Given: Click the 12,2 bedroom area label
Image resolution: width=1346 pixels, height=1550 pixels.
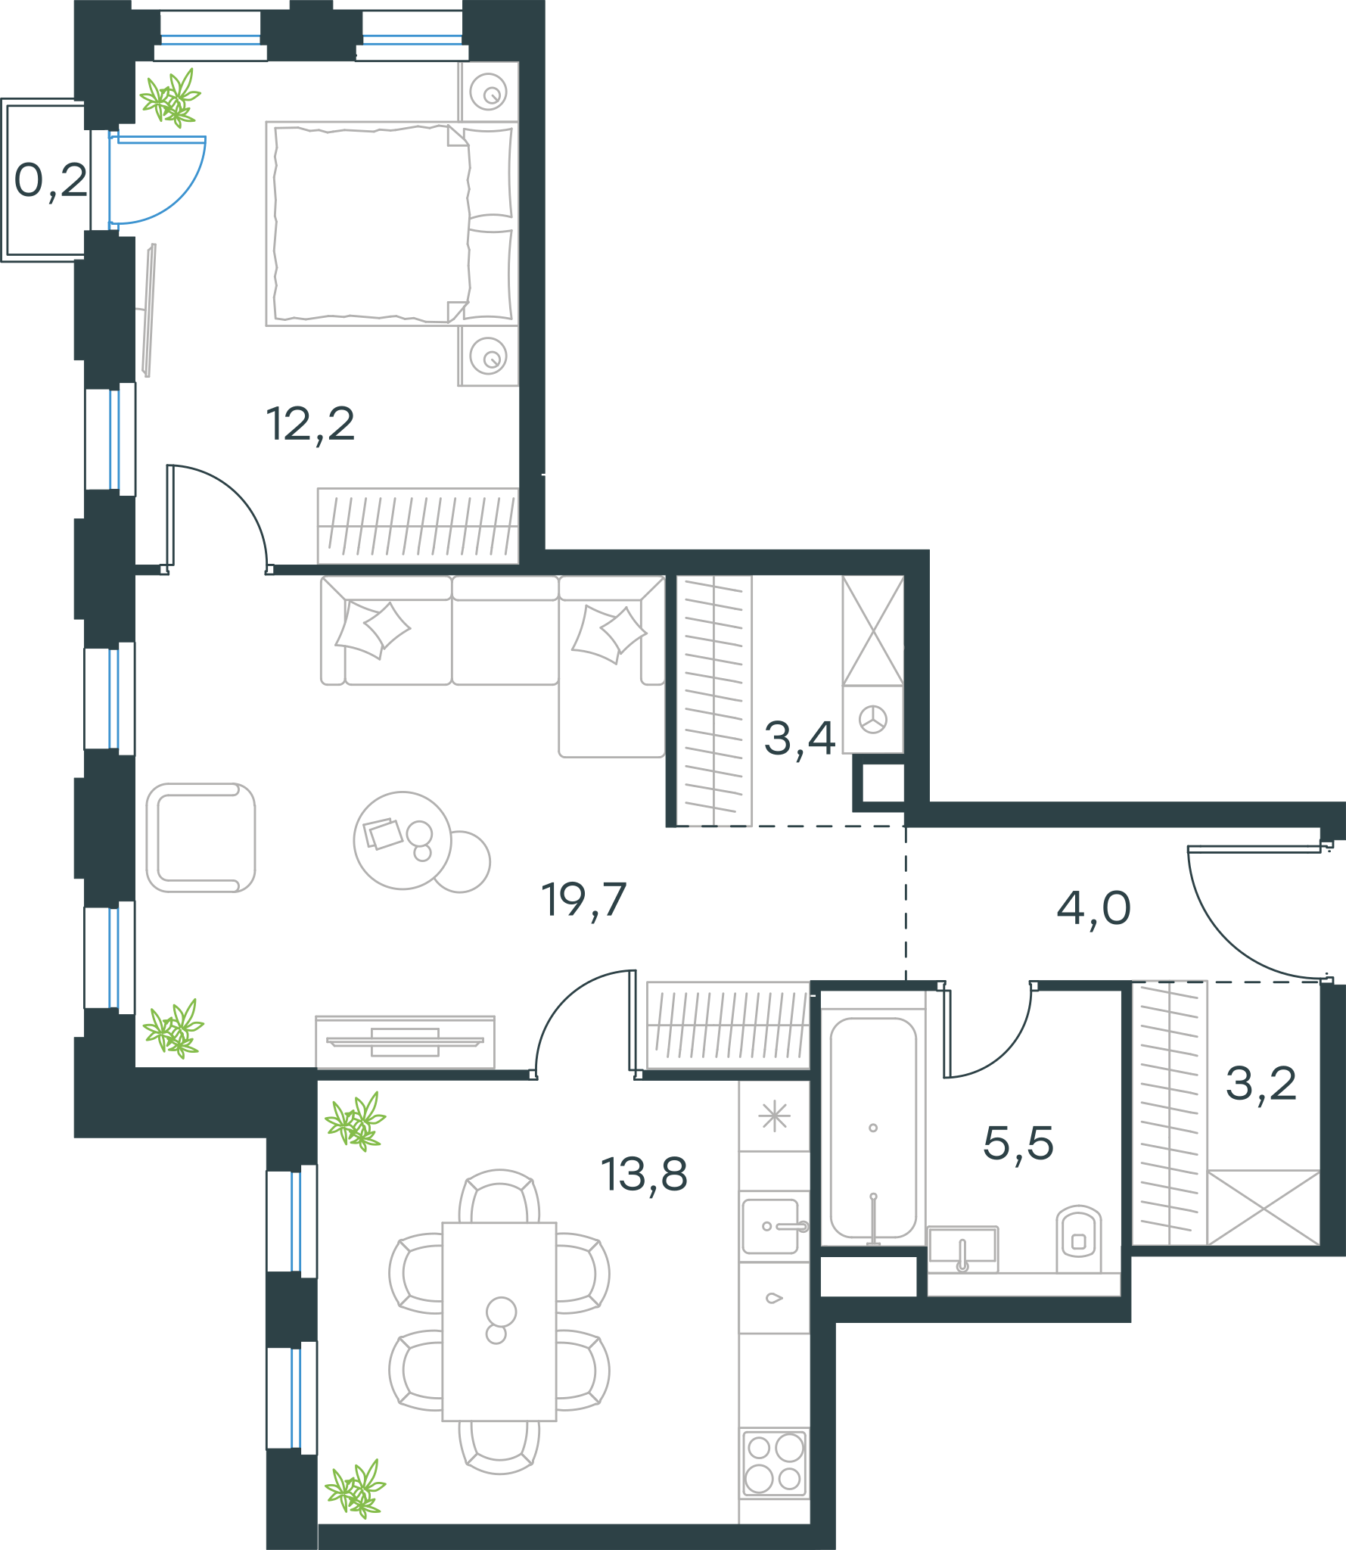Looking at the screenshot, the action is pyautogui.click(x=310, y=425).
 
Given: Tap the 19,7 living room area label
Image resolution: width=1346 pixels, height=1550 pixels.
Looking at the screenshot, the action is pyautogui.click(x=583, y=901).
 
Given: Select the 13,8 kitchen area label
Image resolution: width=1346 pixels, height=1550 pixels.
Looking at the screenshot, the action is pyautogui.click(x=644, y=1175).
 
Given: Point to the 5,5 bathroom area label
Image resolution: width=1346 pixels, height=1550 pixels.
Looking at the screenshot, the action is pyautogui.click(x=1018, y=1144).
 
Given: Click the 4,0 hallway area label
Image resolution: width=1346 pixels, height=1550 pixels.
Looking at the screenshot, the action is pyautogui.click(x=1093, y=909).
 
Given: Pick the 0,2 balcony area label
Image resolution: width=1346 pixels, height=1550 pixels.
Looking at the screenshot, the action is pyautogui.click(x=51, y=182).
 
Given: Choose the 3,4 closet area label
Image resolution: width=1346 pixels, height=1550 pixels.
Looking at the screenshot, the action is pyautogui.click(x=799, y=739).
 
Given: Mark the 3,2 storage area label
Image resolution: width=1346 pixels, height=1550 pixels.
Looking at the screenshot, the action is pyautogui.click(x=1261, y=1084).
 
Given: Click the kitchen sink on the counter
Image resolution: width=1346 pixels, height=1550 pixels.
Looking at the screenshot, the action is pyautogui.click(x=772, y=1226).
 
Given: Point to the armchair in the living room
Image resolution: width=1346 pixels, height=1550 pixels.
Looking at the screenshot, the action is pyautogui.click(x=201, y=838).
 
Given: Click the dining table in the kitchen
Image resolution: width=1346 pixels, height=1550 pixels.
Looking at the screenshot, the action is pyautogui.click(x=499, y=1321).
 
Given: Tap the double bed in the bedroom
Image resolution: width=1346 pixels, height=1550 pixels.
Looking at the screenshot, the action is pyautogui.click(x=392, y=224).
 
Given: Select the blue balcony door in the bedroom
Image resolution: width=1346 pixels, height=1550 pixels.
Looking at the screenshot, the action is pyautogui.click(x=157, y=179).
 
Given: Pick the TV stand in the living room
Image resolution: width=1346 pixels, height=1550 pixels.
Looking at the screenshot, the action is pyautogui.click(x=406, y=1042).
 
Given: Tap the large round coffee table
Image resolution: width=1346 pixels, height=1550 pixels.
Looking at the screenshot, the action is pyautogui.click(x=403, y=840).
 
